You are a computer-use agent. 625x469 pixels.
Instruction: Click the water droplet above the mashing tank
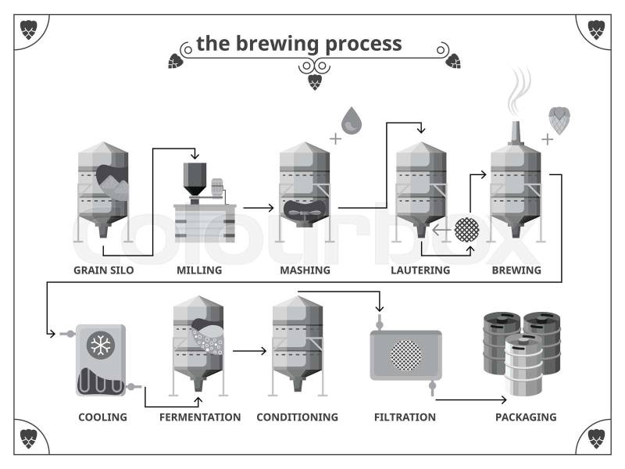[x=352, y=120]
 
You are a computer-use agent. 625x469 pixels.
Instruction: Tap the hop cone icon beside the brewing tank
[x=559, y=120]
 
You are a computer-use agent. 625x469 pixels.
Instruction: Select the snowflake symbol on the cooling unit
[x=101, y=345]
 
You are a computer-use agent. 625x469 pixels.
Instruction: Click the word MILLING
[x=199, y=270]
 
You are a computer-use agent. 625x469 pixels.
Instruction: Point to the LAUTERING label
[x=420, y=270]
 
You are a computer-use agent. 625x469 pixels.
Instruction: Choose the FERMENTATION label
[x=200, y=417]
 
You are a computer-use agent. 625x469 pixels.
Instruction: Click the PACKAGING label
[x=526, y=417]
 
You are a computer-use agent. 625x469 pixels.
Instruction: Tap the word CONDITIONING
[x=298, y=417]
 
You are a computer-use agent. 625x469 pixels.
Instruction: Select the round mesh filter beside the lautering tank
[x=466, y=229]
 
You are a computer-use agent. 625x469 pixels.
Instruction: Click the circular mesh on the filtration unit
[x=405, y=355]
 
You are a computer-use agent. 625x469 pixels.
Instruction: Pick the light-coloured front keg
[x=523, y=365]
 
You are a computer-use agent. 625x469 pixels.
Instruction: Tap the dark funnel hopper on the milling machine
[x=195, y=179]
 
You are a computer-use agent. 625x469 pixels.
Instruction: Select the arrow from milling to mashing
[x=259, y=208]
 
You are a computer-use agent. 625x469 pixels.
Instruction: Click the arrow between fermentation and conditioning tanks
[x=249, y=351]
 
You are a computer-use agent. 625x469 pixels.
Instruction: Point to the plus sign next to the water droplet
[x=336, y=139]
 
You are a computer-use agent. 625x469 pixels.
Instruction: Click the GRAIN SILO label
[x=104, y=270]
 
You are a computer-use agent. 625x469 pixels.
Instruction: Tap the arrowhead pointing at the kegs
[x=504, y=399]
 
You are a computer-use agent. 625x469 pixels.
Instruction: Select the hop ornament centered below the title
[x=315, y=82]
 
